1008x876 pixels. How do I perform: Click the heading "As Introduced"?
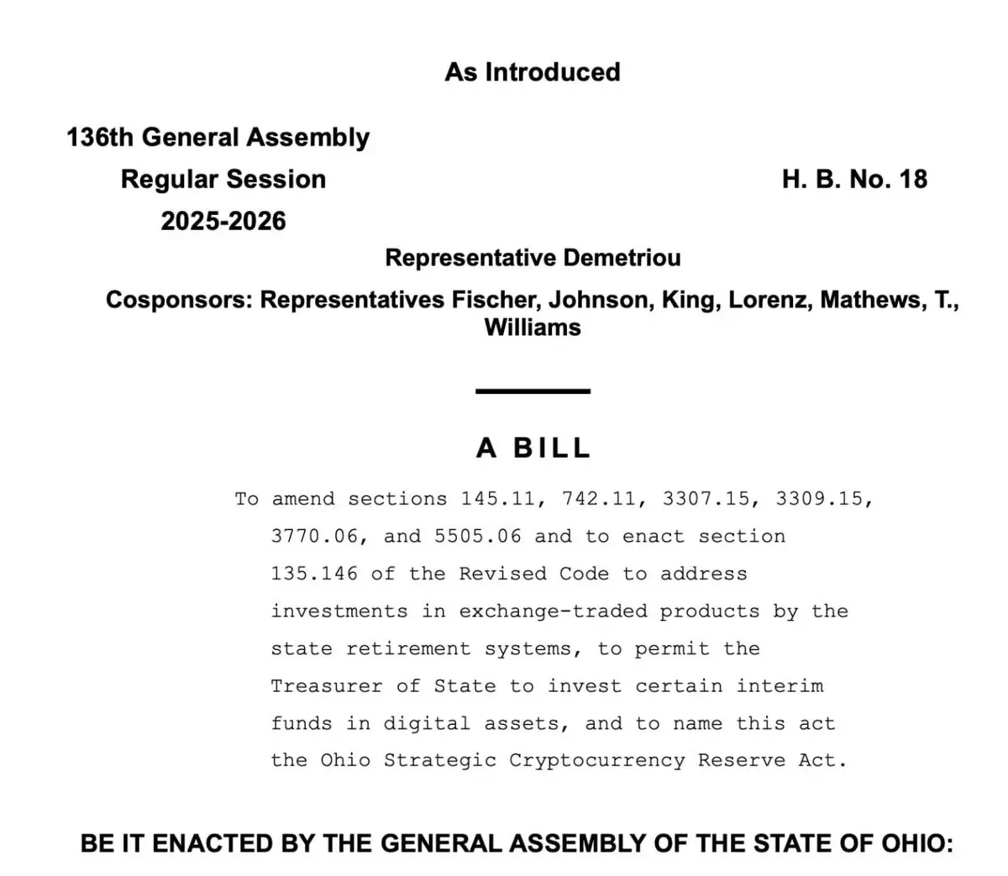click(533, 72)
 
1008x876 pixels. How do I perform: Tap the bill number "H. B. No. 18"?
click(854, 179)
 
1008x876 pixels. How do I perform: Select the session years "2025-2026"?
click(223, 221)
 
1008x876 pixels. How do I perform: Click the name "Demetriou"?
click(622, 257)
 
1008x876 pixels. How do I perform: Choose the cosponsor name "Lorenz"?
click(770, 300)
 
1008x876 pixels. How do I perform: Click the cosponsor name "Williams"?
click(533, 327)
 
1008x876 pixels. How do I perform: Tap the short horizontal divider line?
click(533, 391)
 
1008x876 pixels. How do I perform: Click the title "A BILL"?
click(533, 448)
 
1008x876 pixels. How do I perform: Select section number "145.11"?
click(498, 499)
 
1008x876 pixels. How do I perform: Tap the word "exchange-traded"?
click(553, 611)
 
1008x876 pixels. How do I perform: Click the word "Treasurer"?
click(327, 686)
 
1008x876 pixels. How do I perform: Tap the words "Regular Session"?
click(223, 179)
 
